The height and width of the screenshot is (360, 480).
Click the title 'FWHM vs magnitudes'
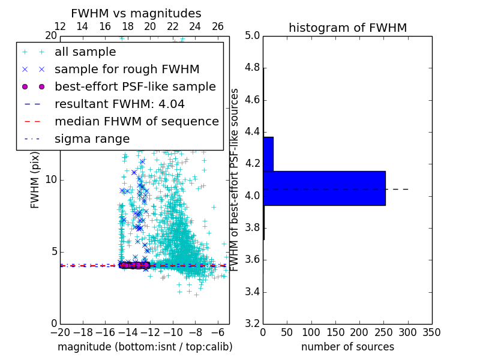point(136,13)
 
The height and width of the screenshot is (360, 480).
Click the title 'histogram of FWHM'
point(347,28)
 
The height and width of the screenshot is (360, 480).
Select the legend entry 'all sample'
point(85,52)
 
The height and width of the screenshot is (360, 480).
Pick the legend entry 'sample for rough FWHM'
point(127,69)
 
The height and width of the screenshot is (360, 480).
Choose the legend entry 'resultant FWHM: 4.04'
point(119,104)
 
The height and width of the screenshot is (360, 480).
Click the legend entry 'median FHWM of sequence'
point(136,121)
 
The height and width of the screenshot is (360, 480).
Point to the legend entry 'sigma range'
point(92,139)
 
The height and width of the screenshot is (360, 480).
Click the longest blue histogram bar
point(324,188)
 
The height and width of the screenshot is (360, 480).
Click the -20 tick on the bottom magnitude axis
point(60,332)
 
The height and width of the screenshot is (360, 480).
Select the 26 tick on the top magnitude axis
point(218,26)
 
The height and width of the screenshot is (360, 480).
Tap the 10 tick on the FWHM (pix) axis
point(50,180)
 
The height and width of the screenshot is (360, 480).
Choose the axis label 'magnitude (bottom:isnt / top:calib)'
point(145,347)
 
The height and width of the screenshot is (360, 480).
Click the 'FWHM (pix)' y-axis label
point(35,180)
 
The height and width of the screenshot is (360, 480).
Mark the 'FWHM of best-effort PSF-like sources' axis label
point(235,179)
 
